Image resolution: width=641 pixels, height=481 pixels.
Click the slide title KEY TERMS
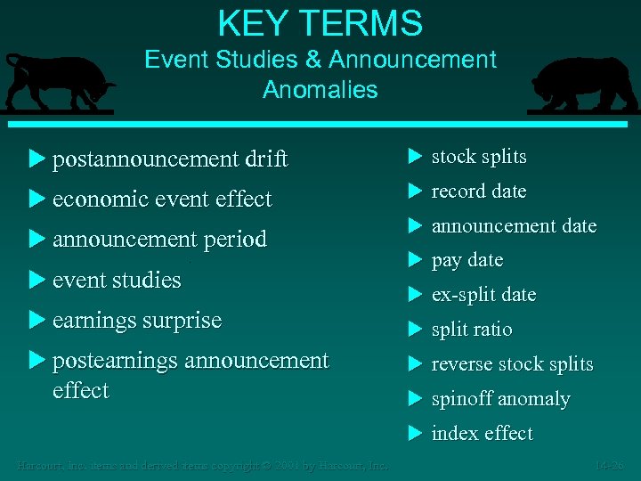pyautogui.click(x=320, y=23)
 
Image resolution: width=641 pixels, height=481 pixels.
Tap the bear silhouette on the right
pyautogui.click(x=584, y=86)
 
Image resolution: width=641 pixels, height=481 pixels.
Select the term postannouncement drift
pyautogui.click(x=170, y=159)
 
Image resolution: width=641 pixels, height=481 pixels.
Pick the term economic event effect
pyautogui.click(x=162, y=200)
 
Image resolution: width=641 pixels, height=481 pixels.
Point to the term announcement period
pyautogui.click(x=159, y=240)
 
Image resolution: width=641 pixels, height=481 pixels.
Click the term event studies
pyautogui.click(x=117, y=280)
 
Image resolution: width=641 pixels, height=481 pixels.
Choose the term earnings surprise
pyautogui.click(x=137, y=320)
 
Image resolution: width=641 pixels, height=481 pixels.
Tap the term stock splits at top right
pyautogui.click(x=479, y=157)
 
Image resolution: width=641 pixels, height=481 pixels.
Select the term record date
pyautogui.click(x=479, y=192)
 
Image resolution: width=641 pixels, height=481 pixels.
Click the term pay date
pyautogui.click(x=467, y=260)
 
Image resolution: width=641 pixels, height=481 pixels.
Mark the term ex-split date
pyautogui.click(x=483, y=295)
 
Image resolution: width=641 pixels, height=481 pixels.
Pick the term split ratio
pyautogui.click(x=472, y=330)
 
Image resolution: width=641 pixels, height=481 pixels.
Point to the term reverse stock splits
pyautogui.click(x=512, y=364)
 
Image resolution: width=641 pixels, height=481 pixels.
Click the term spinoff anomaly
pyautogui.click(x=500, y=399)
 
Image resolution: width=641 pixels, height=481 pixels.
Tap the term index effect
pyautogui.click(x=482, y=434)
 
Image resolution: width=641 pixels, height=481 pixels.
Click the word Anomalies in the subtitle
pyautogui.click(x=320, y=90)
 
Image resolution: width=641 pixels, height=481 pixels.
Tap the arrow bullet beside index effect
pyautogui.click(x=414, y=434)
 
